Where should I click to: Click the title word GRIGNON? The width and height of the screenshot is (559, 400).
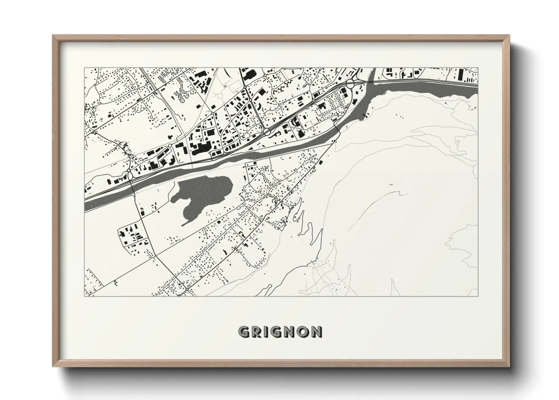click(x=280, y=332)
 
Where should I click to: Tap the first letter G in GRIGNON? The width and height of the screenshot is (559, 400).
click(x=244, y=332)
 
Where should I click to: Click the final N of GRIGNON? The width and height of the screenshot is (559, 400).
click(x=317, y=332)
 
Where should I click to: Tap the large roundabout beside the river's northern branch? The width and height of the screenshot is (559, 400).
click(x=350, y=83)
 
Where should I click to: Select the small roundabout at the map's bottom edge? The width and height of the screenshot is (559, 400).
click(x=187, y=290)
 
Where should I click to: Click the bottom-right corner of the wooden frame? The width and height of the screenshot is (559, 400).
click(x=509, y=366)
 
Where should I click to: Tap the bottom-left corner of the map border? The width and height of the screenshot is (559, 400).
click(x=84, y=296)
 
